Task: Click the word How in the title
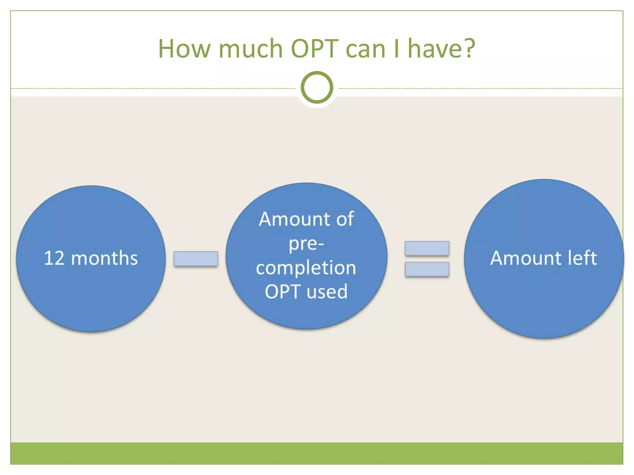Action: [x=185, y=49]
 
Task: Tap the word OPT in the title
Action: [x=315, y=49]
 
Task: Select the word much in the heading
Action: [x=250, y=49]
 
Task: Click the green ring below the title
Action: [x=317, y=87]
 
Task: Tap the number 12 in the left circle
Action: [x=54, y=258]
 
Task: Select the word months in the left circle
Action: [x=104, y=258]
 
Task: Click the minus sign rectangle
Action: [x=196, y=259]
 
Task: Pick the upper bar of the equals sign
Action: [x=427, y=248]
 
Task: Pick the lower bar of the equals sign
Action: [x=427, y=269]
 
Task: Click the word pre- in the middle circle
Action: [x=306, y=244]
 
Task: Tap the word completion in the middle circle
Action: [x=306, y=268]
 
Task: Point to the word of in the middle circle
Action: [x=345, y=219]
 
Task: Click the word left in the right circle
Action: [x=581, y=258]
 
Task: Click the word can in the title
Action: [x=365, y=49]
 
